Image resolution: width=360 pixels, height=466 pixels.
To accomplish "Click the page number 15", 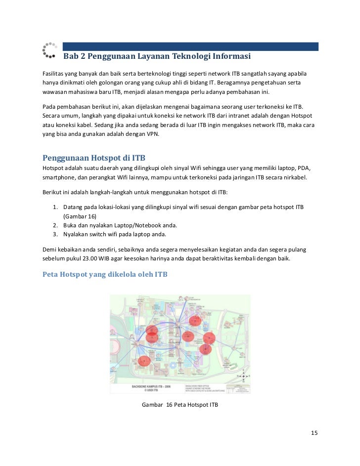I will tap(314, 433).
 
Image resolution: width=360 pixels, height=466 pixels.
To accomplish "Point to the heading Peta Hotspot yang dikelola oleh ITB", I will tap(105, 273).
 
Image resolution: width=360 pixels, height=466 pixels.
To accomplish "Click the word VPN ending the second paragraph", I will tap(152, 133).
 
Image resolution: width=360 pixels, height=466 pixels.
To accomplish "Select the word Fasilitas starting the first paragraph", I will tap(53, 73).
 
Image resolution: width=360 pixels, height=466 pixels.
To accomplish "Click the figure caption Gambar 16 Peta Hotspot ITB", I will tap(180, 405).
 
